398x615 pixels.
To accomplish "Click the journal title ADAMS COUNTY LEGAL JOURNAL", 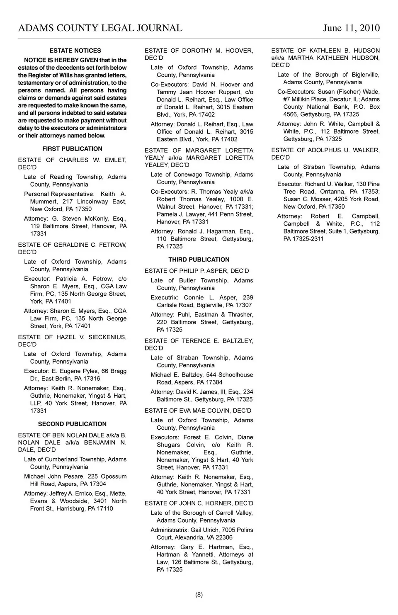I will coord(100,28).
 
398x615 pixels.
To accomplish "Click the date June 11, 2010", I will coord(351,28).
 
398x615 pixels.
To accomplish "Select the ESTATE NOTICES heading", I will coord(75,51).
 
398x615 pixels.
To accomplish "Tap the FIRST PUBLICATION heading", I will coord(72,149).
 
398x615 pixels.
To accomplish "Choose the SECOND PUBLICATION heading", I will coord(72,424).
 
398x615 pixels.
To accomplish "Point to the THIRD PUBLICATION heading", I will coord(199,260).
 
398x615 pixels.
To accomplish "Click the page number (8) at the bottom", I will coord(199,595).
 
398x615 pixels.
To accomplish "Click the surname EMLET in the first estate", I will coord(116,160).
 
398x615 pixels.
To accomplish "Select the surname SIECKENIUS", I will coord(107,337).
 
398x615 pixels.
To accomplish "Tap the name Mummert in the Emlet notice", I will coord(44,202).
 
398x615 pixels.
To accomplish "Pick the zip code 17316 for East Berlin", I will coord(92,379).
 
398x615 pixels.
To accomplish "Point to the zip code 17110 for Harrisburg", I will coord(104,509).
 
